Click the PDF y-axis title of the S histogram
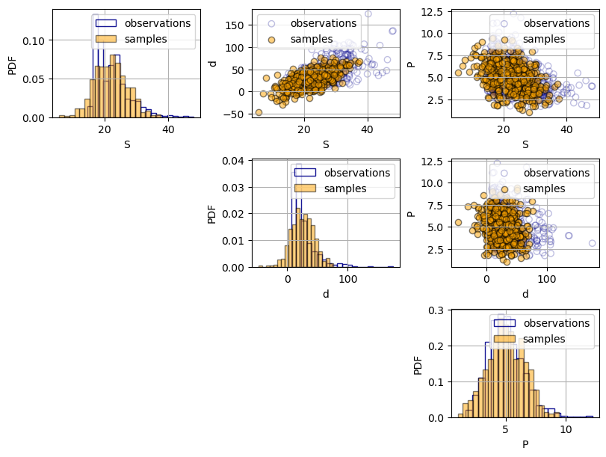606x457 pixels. [12, 64]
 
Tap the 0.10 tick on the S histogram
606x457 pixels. [34, 40]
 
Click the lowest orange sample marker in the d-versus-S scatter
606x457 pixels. [259, 112]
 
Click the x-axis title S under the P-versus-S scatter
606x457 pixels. [525, 144]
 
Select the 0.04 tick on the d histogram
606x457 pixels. [234, 161]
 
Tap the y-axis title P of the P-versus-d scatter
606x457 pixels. [412, 213]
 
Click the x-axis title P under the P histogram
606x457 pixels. [525, 444]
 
